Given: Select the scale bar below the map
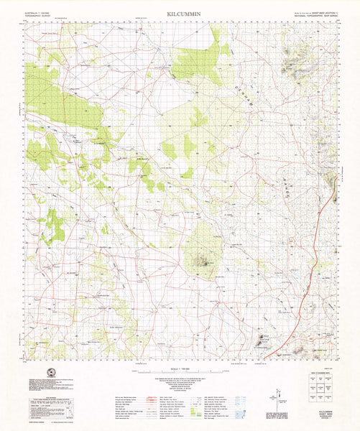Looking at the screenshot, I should [x=180, y=369].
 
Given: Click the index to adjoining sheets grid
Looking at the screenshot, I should [x=319, y=388].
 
